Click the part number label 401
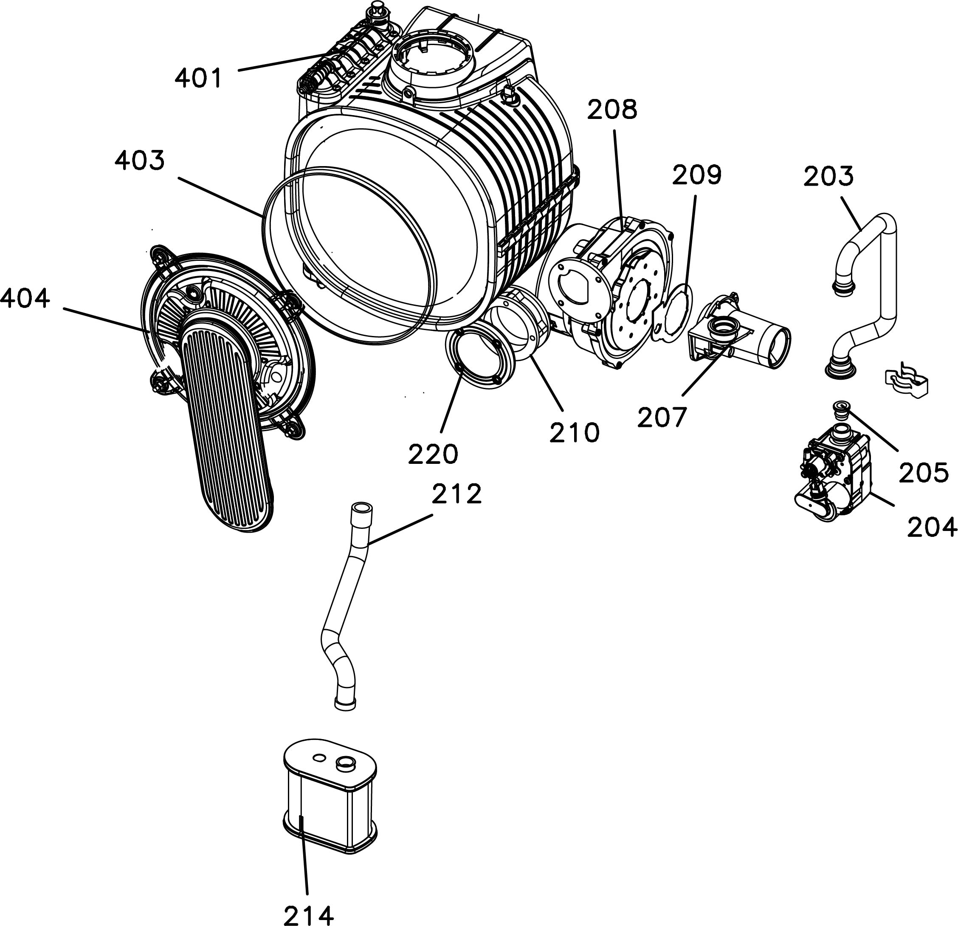(198, 78)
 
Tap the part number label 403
(140, 161)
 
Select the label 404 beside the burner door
(25, 298)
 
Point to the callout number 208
(612, 110)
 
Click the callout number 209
(696, 175)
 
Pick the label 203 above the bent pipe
(828, 176)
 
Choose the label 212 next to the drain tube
(456, 494)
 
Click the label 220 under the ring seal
(433, 454)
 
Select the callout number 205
(924, 472)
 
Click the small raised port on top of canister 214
(346, 763)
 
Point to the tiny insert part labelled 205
(841, 410)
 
